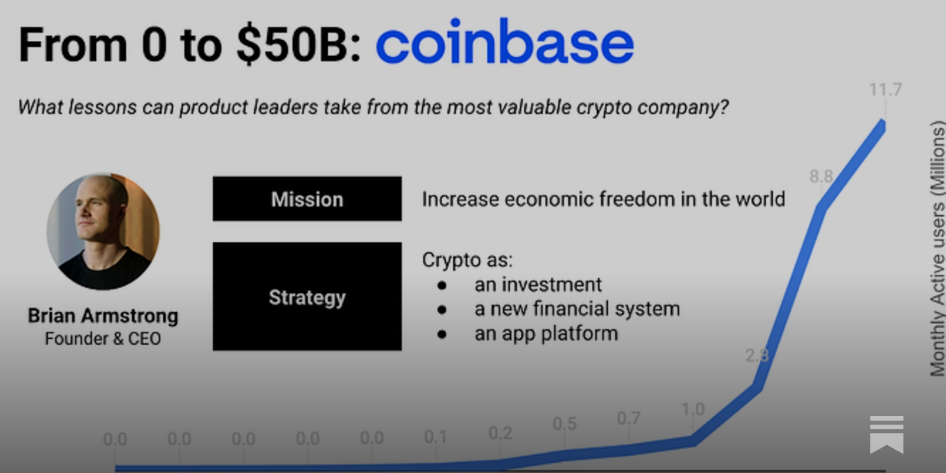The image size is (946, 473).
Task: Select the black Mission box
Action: coord(307,199)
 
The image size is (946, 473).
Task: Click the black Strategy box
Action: coord(307,296)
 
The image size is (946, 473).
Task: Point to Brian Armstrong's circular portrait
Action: coord(103,231)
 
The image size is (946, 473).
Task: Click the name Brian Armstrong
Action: coord(103,316)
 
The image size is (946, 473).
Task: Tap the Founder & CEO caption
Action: coord(103,339)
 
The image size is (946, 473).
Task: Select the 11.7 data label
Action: coord(885,90)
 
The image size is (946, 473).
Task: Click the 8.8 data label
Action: coord(821,176)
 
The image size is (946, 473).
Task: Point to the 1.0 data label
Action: coord(692,409)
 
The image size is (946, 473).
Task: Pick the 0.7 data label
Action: coord(628,419)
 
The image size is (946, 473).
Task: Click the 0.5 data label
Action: coord(564,424)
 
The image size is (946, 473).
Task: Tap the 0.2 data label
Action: coord(500,433)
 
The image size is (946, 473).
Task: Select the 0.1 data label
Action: coord(435,437)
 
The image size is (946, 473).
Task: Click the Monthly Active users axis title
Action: coord(937,248)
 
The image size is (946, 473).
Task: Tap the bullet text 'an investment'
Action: coord(537,285)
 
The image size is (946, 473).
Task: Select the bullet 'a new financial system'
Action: coord(576,309)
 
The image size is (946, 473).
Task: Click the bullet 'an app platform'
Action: coord(546,333)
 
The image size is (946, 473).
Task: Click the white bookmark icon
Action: coord(886,434)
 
